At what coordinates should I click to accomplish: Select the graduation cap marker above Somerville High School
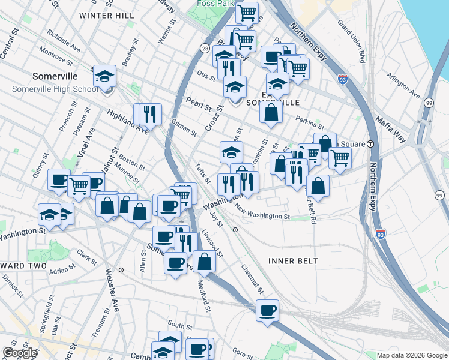(x=104, y=76)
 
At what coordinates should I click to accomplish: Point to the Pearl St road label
(x=199, y=104)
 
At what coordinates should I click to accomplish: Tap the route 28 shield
(x=205, y=48)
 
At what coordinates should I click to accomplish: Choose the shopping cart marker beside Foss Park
(x=247, y=12)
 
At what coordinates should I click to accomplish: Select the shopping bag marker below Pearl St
(x=271, y=112)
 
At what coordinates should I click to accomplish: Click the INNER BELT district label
(x=293, y=260)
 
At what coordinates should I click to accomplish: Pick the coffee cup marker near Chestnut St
(x=267, y=310)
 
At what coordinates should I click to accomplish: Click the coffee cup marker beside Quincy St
(x=59, y=180)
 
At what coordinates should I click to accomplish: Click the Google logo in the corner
(x=20, y=352)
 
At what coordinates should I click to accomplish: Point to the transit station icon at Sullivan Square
(x=370, y=143)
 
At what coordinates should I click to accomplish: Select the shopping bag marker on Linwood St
(x=204, y=261)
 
